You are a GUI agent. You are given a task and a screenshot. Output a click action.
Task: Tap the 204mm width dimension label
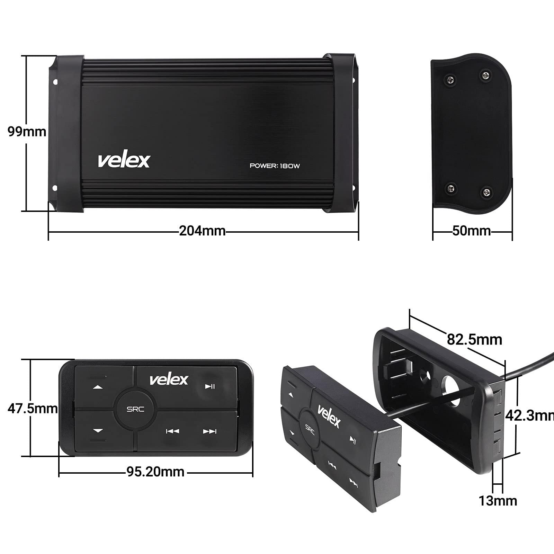coord(202,231)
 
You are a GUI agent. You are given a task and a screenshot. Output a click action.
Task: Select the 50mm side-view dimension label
coord(471,231)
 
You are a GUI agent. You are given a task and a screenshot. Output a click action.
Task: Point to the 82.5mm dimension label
coord(474,339)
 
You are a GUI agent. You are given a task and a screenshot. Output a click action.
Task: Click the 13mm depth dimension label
coord(498,501)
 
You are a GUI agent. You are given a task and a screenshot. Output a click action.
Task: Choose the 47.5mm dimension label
coord(32,409)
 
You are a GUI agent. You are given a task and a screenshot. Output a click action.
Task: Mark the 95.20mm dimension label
coord(155,472)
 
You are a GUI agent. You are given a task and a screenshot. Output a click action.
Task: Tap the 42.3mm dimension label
coord(529,415)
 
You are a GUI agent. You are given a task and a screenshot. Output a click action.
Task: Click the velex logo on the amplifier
coord(124,160)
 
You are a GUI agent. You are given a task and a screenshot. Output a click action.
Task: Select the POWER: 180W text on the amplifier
coord(275,166)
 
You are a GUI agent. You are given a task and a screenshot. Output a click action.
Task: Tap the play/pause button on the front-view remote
coord(210,386)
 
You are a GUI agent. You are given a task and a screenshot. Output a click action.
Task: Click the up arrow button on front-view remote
coord(98,387)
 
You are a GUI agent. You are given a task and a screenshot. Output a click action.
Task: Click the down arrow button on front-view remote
coord(98,431)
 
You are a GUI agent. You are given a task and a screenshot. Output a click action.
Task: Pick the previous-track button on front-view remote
coord(172,431)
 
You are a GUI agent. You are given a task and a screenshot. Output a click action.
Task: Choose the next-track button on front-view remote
coord(209,431)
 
